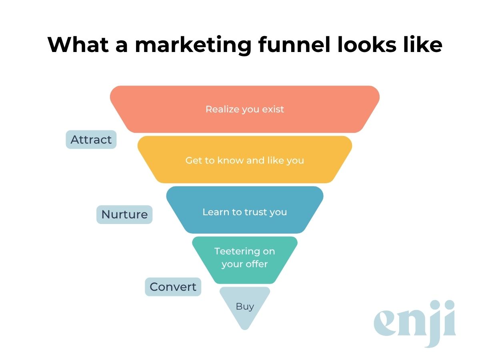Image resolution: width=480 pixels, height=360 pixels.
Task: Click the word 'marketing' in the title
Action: (x=193, y=45)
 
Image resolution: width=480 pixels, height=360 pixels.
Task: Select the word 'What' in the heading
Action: (x=74, y=45)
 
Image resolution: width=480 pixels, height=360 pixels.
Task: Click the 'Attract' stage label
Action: (x=91, y=140)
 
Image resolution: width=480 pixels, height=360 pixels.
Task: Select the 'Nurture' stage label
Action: (x=124, y=214)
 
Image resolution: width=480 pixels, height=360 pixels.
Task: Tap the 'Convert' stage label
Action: (x=173, y=287)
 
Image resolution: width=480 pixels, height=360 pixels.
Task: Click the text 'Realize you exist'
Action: (x=245, y=109)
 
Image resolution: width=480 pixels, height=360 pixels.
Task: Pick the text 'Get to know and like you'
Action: (x=245, y=160)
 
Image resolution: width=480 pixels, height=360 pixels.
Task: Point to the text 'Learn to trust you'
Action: (x=245, y=212)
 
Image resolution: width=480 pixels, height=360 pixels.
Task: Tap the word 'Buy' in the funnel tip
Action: (x=245, y=306)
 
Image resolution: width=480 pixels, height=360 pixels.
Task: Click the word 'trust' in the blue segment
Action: (x=253, y=212)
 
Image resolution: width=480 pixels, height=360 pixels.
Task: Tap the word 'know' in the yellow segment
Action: (x=231, y=160)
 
